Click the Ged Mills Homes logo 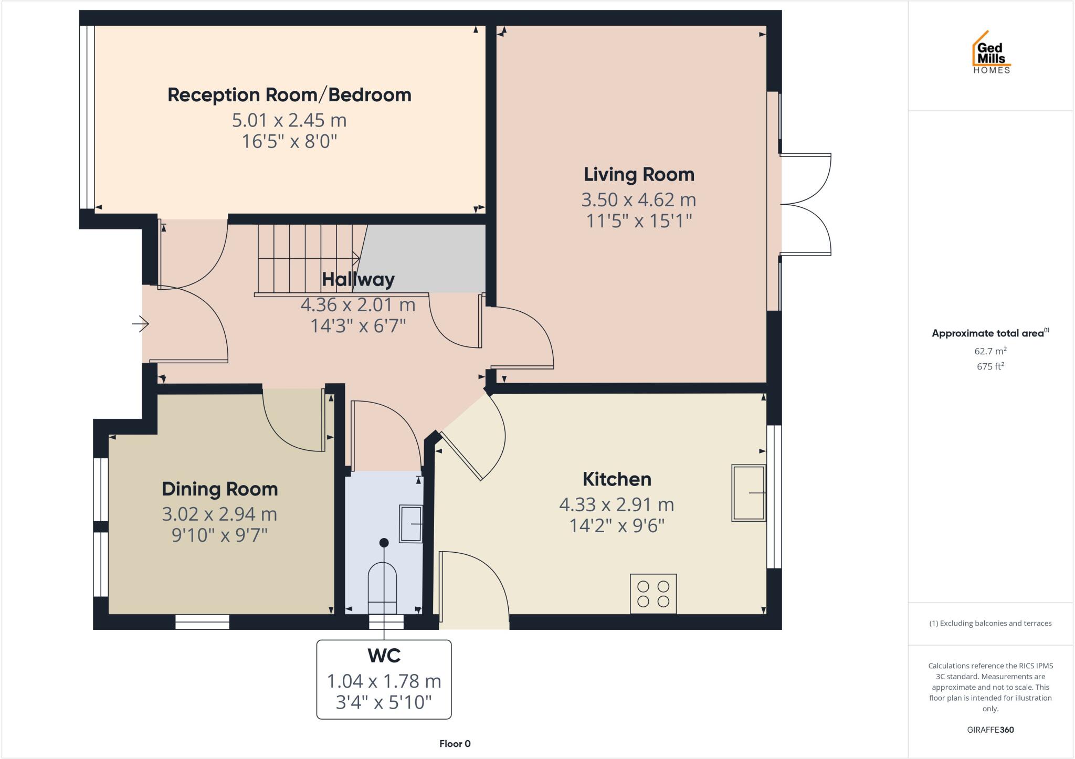click(x=991, y=52)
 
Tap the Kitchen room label click(x=617, y=479)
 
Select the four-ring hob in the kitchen click(x=653, y=594)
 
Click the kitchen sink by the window click(x=749, y=492)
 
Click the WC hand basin click(x=411, y=523)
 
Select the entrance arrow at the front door click(x=140, y=324)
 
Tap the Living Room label click(x=639, y=174)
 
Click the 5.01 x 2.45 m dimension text click(x=289, y=120)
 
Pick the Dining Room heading click(x=219, y=489)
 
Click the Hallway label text click(x=358, y=279)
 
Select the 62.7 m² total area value click(x=990, y=351)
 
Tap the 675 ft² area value click(x=990, y=366)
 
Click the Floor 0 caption click(x=455, y=743)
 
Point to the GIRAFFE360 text click(x=990, y=730)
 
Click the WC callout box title click(x=384, y=656)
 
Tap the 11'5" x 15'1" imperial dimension click(x=639, y=221)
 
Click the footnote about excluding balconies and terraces click(x=990, y=624)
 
